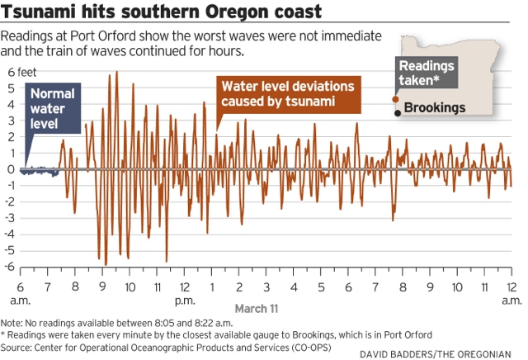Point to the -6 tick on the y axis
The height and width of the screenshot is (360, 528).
tap(12, 267)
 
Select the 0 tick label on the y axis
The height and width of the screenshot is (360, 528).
tap(12, 169)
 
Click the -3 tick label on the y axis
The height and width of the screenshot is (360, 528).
tap(12, 218)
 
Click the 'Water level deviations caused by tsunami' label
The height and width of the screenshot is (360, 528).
tap(287, 93)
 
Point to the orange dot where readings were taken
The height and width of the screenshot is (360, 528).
tap(396, 100)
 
